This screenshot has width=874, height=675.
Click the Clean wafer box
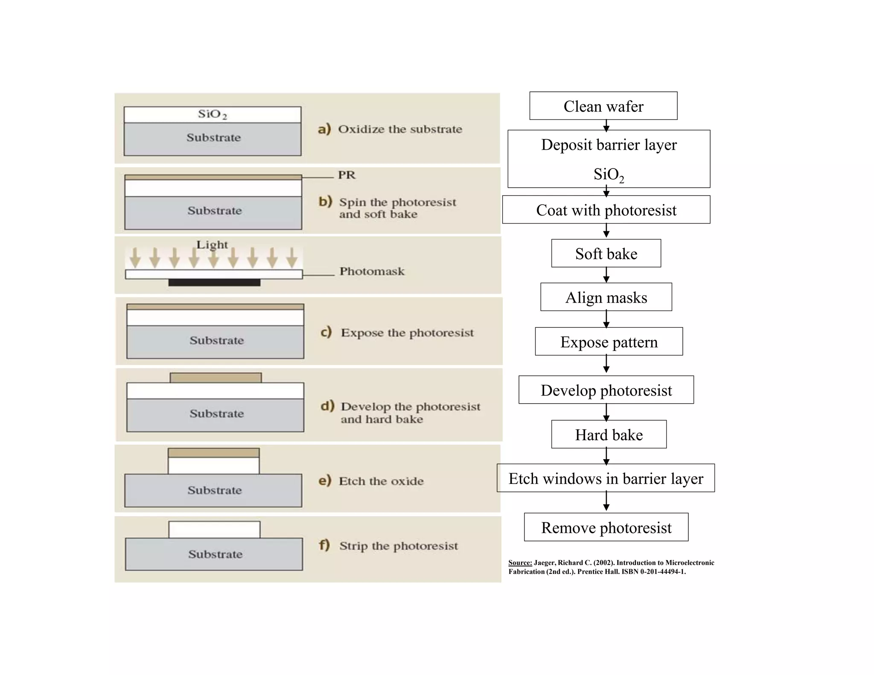click(603, 106)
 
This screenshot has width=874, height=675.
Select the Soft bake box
click(606, 253)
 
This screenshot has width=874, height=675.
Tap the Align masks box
click(606, 297)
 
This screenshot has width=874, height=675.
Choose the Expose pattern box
click(609, 341)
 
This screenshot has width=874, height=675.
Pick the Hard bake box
click(609, 434)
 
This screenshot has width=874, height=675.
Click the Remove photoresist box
click(606, 527)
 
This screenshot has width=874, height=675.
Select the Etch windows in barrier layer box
click(606, 478)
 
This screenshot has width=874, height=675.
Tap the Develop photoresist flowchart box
click(606, 390)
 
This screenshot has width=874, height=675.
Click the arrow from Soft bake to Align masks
click(606, 275)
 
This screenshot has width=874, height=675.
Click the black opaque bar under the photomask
click(214, 282)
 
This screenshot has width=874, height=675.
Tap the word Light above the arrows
click(212, 244)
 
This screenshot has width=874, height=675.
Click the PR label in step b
click(347, 175)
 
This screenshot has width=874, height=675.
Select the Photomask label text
click(372, 271)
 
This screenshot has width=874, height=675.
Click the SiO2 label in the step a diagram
click(213, 114)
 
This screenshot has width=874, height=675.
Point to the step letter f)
click(324, 545)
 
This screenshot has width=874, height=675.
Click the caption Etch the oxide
click(381, 481)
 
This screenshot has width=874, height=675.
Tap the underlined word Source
click(520, 563)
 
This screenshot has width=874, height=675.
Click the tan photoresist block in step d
click(216, 378)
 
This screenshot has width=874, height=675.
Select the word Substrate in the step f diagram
click(215, 554)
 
